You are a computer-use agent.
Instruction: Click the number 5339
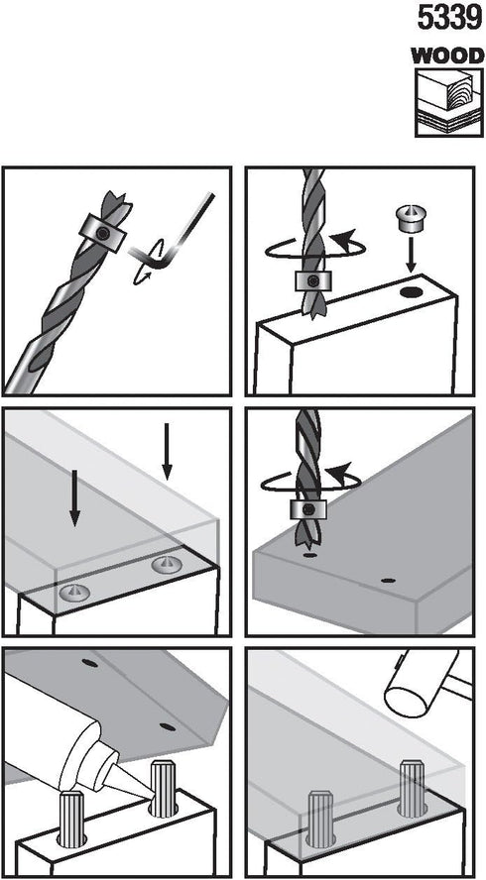pos(450,19)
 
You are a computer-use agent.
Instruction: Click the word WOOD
pos(447,56)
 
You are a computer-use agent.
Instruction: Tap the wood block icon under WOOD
pos(448,103)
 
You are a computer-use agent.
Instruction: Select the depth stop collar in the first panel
pos(103,232)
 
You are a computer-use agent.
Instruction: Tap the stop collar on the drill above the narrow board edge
pos(314,280)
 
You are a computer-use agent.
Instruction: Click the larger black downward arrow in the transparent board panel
pos(74,497)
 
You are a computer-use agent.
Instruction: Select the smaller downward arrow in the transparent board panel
pos(166,453)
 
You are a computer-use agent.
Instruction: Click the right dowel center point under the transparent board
pos(167,564)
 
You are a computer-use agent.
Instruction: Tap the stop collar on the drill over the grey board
pos(308,509)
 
